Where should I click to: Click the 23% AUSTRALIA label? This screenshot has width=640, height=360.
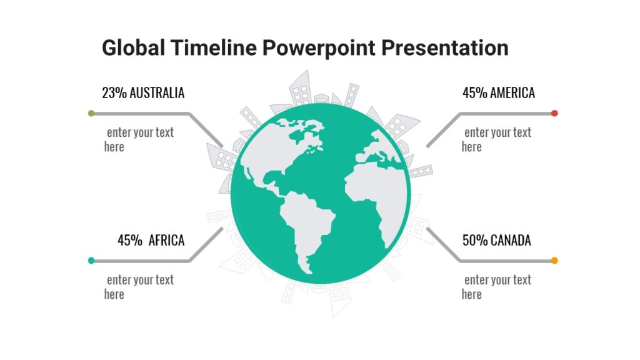click(143, 93)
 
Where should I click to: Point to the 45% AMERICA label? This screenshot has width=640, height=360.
click(498, 93)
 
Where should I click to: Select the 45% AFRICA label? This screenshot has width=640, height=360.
click(151, 241)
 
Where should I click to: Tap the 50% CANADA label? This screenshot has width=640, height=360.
click(496, 241)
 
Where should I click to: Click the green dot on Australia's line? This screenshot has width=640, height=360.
click(91, 113)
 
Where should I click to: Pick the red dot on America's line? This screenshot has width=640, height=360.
click(554, 113)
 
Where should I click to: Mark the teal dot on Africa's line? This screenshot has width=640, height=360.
click(91, 261)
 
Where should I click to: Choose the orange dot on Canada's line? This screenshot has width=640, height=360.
click(554, 261)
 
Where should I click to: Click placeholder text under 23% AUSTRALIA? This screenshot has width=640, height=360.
click(139, 139)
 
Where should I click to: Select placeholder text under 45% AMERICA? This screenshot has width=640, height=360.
click(496, 139)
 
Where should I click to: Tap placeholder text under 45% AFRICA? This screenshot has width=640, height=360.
click(139, 287)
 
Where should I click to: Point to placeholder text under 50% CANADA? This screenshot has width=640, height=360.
click(496, 287)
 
